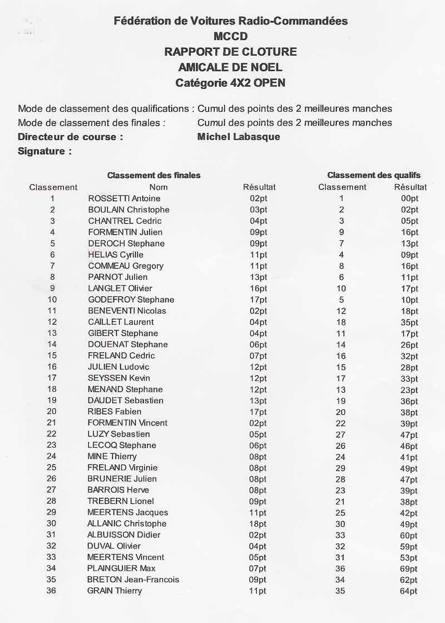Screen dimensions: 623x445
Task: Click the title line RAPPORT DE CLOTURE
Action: click(x=230, y=52)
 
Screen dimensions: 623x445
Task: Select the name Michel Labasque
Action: click(x=239, y=137)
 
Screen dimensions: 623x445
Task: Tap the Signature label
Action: click(x=44, y=151)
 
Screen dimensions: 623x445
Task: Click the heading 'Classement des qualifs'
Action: click(x=373, y=175)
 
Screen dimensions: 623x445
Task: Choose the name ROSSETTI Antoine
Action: click(x=124, y=199)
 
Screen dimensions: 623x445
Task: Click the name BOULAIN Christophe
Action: click(x=128, y=210)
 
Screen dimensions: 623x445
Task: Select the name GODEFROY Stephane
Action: click(x=131, y=300)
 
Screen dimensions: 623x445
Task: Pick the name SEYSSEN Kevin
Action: click(x=118, y=378)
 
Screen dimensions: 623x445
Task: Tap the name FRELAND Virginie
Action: click(x=122, y=468)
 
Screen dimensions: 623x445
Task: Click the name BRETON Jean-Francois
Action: click(x=133, y=580)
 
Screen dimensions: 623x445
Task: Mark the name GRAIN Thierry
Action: click(x=115, y=591)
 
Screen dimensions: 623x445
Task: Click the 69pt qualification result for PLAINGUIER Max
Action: click(x=408, y=568)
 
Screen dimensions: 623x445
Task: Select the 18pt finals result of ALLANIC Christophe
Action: click(x=258, y=524)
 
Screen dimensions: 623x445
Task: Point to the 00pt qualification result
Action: click(x=409, y=199)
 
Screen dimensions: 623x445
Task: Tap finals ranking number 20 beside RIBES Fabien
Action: click(x=52, y=412)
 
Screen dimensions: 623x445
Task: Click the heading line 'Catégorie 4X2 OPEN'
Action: click(x=230, y=83)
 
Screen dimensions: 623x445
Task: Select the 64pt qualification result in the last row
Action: click(x=408, y=591)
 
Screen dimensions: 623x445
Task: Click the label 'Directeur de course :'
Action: click(x=71, y=137)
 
